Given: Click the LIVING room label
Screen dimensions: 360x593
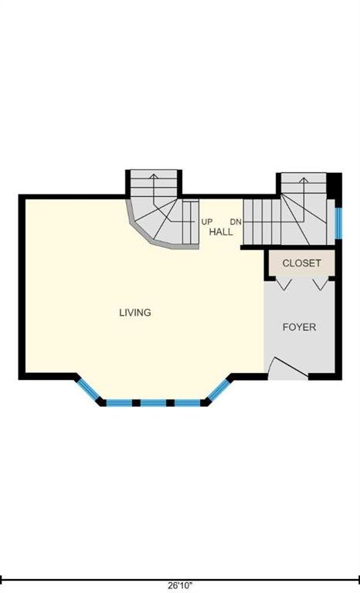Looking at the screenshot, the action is point(135,313).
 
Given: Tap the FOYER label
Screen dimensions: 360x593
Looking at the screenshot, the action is point(299,327).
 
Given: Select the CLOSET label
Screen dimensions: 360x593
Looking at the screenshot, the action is point(302,263).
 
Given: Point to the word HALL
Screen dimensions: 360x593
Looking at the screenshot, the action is point(221,232).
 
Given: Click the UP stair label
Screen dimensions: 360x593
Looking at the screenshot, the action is point(207,222).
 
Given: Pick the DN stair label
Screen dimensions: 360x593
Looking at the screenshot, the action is point(236,222).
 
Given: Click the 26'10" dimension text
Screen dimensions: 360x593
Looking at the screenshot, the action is point(180,585).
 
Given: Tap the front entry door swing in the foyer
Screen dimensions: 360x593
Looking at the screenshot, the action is point(288,368).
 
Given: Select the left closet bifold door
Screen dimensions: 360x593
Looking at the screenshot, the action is point(284,283).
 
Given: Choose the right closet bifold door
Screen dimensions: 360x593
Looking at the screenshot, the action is point(321,283).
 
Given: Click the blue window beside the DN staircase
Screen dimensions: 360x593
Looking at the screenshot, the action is point(338,223).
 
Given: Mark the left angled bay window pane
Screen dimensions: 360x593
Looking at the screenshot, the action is point(89,389).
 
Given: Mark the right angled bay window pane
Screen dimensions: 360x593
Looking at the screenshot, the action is point(219,389).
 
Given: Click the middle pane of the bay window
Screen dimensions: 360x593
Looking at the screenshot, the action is point(153,403).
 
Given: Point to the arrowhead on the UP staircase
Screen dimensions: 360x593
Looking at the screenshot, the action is point(153,176).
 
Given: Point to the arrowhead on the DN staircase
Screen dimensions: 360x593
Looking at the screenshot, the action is point(303,180).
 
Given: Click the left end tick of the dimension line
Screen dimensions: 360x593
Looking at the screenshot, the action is point(2,579).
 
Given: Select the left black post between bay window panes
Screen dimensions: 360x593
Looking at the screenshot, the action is point(136,403).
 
